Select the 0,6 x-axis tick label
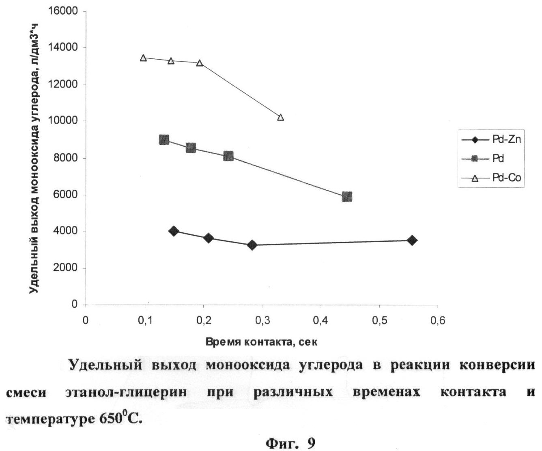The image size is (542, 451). pos(437,321)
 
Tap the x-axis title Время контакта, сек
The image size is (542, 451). pos(261,342)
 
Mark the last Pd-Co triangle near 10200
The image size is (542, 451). pos(280,118)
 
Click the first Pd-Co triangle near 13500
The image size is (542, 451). pos(143,58)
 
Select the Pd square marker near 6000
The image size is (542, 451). pos(347,197)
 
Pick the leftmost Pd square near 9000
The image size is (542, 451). pos(164,140)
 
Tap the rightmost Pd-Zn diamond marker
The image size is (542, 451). pos(412,240)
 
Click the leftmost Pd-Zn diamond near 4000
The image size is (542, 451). pos(174,231)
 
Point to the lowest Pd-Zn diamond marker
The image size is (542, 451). pos(252,245)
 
